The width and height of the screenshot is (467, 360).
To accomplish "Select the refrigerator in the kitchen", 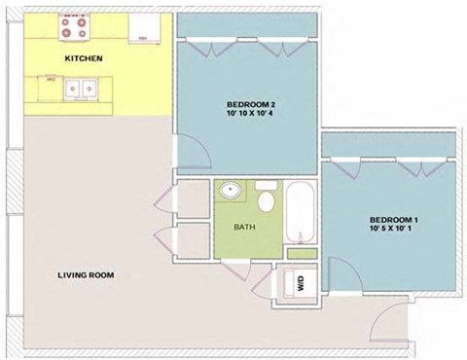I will tap(143, 28).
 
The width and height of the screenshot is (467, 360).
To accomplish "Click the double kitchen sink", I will tap(80, 90).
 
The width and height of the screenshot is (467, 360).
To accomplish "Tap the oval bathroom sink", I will tap(232, 191).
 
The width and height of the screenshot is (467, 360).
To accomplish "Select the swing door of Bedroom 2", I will tap(194, 151).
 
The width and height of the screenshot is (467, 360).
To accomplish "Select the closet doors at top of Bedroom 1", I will tap(389, 164).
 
